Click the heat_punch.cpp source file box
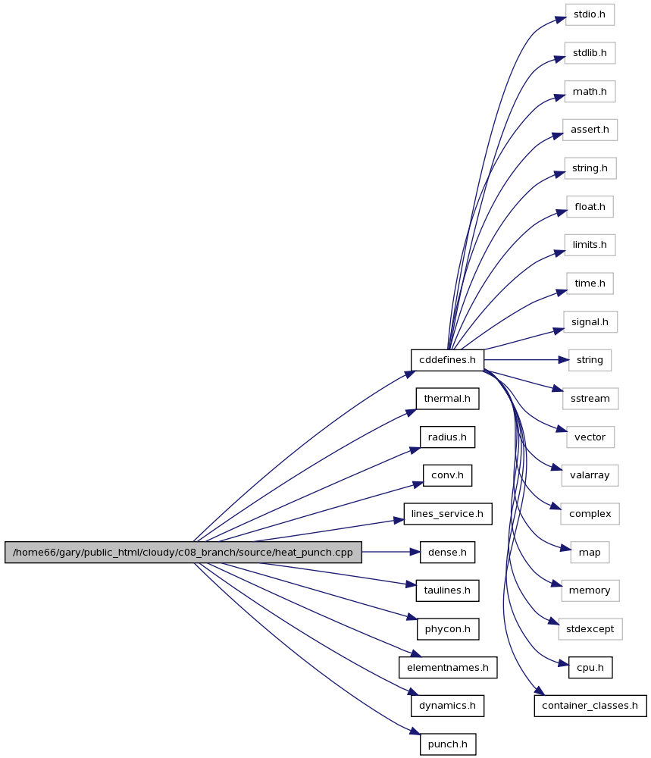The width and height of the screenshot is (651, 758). tap(183, 552)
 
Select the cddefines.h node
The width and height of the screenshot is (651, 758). tap(447, 360)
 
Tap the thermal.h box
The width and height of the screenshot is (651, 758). tap(447, 399)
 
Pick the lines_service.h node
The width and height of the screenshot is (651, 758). tap(448, 514)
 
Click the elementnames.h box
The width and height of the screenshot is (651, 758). tap(448, 668)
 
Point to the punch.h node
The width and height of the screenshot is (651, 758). tap(448, 744)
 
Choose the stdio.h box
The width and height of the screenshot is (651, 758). tap(590, 14)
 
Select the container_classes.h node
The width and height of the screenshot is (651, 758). tap(590, 706)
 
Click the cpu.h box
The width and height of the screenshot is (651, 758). tap(590, 668)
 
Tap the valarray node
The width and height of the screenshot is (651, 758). tap(590, 475)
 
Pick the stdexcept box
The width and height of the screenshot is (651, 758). tap(590, 629)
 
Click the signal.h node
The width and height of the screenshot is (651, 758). tap(590, 322)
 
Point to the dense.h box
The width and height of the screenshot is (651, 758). tap(448, 552)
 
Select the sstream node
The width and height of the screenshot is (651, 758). tap(590, 399)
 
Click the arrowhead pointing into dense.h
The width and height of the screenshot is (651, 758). tap(415, 552)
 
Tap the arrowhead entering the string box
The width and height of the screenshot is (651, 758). tap(563, 360)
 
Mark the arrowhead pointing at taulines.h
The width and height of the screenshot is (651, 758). tap(411, 585)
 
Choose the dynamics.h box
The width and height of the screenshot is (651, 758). tap(448, 706)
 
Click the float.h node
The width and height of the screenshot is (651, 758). tap(590, 207)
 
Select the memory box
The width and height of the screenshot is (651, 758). tap(590, 590)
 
